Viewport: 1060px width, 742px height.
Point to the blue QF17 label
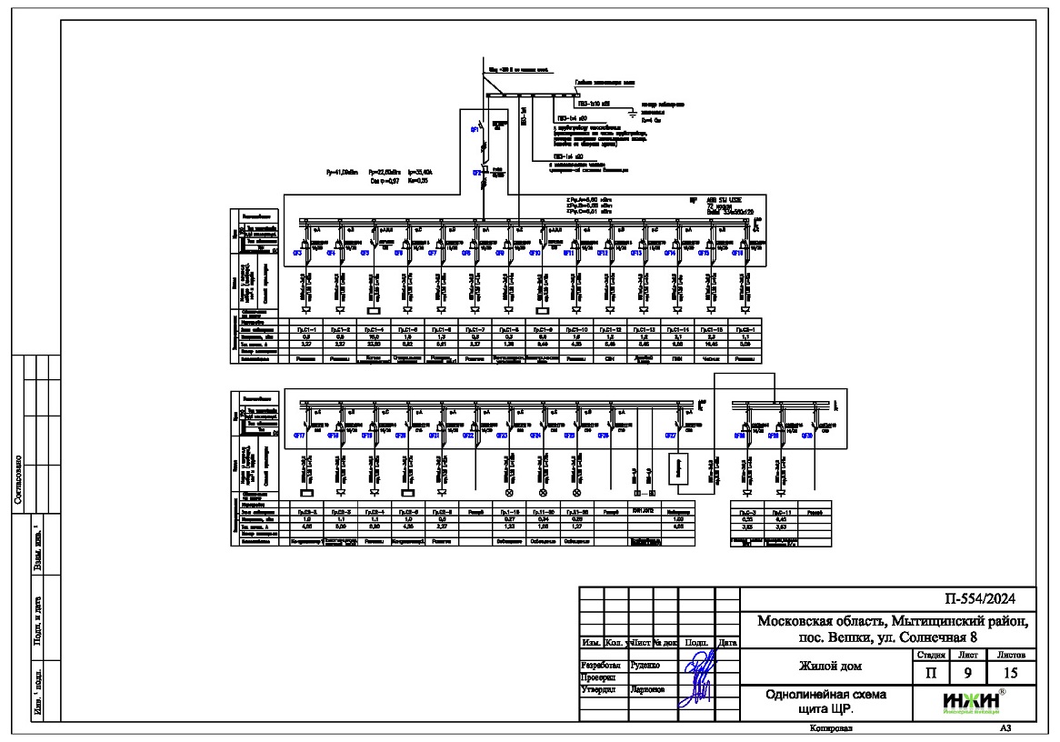point(297,436)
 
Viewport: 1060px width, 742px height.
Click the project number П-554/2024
point(986,598)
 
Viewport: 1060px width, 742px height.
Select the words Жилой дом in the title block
point(825,667)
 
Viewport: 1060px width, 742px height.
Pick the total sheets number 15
point(1012,674)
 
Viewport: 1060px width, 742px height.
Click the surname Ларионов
point(649,688)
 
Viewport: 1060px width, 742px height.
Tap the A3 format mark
point(1005,728)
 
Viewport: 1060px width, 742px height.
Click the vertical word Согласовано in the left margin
point(31,491)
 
